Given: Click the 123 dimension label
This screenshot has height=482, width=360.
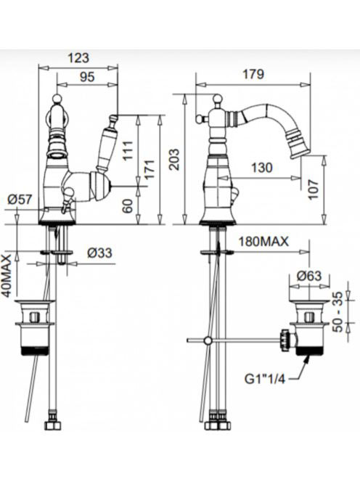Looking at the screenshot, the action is (78, 57).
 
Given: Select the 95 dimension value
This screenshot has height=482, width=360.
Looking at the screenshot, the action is (87, 77).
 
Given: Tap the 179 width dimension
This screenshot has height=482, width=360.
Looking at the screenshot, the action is (253, 74).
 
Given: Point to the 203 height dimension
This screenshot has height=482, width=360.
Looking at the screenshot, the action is (174, 159).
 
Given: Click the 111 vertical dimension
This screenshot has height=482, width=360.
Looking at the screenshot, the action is (128, 150).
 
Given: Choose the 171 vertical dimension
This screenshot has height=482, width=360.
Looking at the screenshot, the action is (150, 170).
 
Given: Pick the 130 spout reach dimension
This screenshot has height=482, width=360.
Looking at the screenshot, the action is (261, 168).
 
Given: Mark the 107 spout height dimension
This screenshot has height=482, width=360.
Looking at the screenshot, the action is (314, 189).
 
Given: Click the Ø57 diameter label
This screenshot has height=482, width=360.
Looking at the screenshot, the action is (20, 200).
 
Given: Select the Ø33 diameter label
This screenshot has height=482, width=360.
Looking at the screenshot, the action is (99, 253).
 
